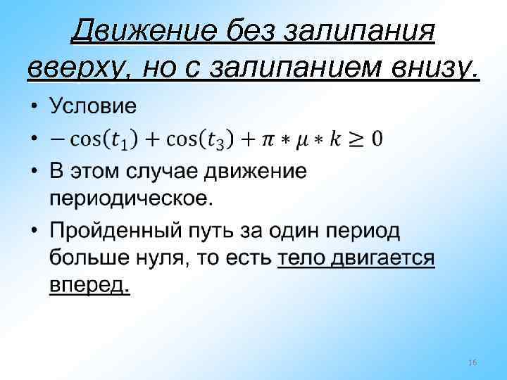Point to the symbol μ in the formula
click(301, 139)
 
